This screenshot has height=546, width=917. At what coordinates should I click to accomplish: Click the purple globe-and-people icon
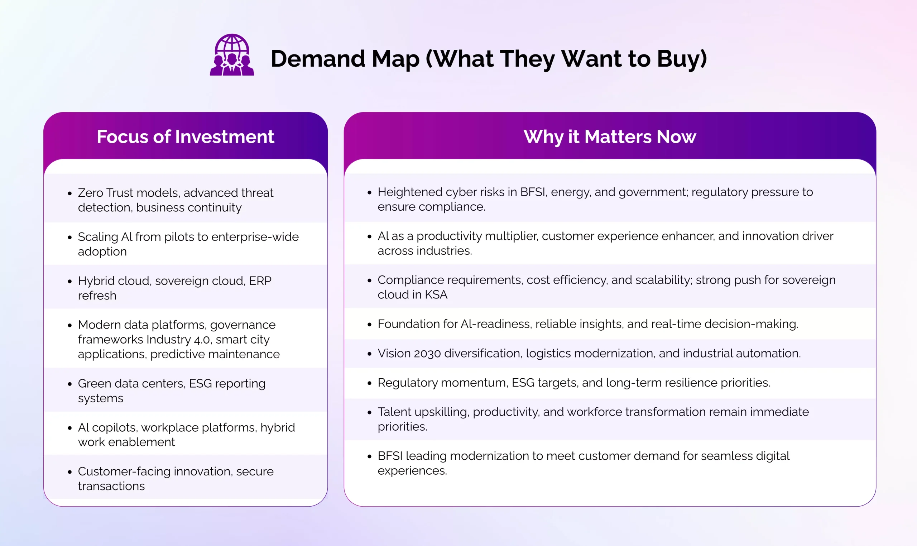(232, 55)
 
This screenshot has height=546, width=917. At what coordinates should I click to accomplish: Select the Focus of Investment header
(186, 136)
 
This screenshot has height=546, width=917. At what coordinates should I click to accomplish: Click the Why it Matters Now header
(610, 137)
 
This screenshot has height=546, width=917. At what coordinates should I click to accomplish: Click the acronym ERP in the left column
(260, 281)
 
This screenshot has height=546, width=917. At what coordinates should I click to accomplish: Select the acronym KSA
(436, 295)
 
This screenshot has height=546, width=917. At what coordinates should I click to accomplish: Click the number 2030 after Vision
(427, 354)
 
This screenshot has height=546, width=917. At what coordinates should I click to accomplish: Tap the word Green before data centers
(95, 383)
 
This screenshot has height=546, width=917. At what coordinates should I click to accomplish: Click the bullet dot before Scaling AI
(69, 237)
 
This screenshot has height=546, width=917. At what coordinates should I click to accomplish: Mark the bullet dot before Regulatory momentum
(369, 383)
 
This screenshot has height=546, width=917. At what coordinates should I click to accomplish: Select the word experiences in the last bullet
(412, 471)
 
